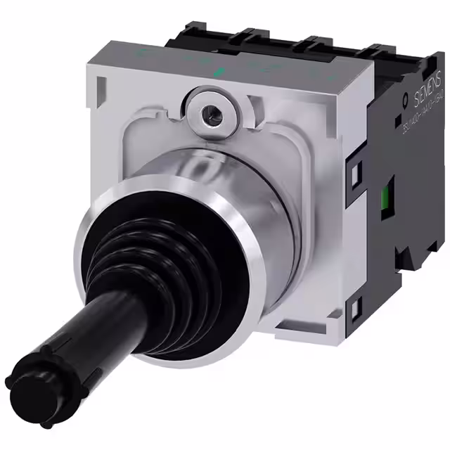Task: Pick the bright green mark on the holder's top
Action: [218, 71]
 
